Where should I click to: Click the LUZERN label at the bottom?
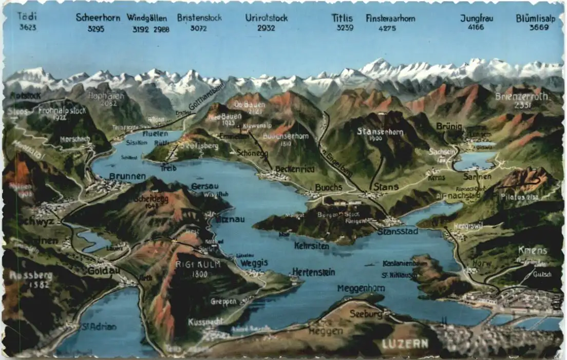405,344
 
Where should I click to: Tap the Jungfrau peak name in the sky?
477,18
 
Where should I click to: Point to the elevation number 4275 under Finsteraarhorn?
387,28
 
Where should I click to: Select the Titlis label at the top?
342,18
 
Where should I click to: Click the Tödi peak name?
28,16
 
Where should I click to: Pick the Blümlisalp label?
536,18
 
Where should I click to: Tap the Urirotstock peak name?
267,18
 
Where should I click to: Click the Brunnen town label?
127,176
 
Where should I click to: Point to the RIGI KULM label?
198,264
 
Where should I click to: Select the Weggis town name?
254,263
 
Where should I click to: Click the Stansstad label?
398,232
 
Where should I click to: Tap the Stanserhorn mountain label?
381,131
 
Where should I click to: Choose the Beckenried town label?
294,168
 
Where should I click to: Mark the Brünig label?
449,126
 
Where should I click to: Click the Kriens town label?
533,251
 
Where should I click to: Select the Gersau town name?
201,186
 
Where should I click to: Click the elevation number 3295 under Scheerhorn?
96,29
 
